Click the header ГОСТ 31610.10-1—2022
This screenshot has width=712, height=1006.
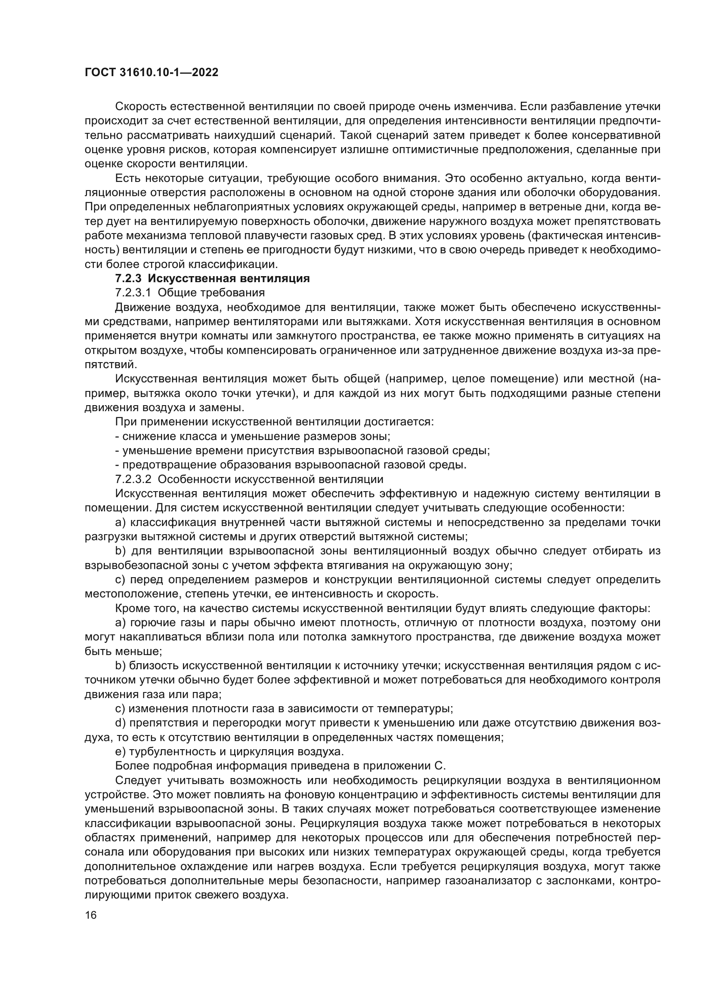(151, 72)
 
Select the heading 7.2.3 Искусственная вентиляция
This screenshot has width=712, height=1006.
(212, 279)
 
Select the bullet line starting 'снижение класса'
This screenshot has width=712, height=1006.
(252, 437)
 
